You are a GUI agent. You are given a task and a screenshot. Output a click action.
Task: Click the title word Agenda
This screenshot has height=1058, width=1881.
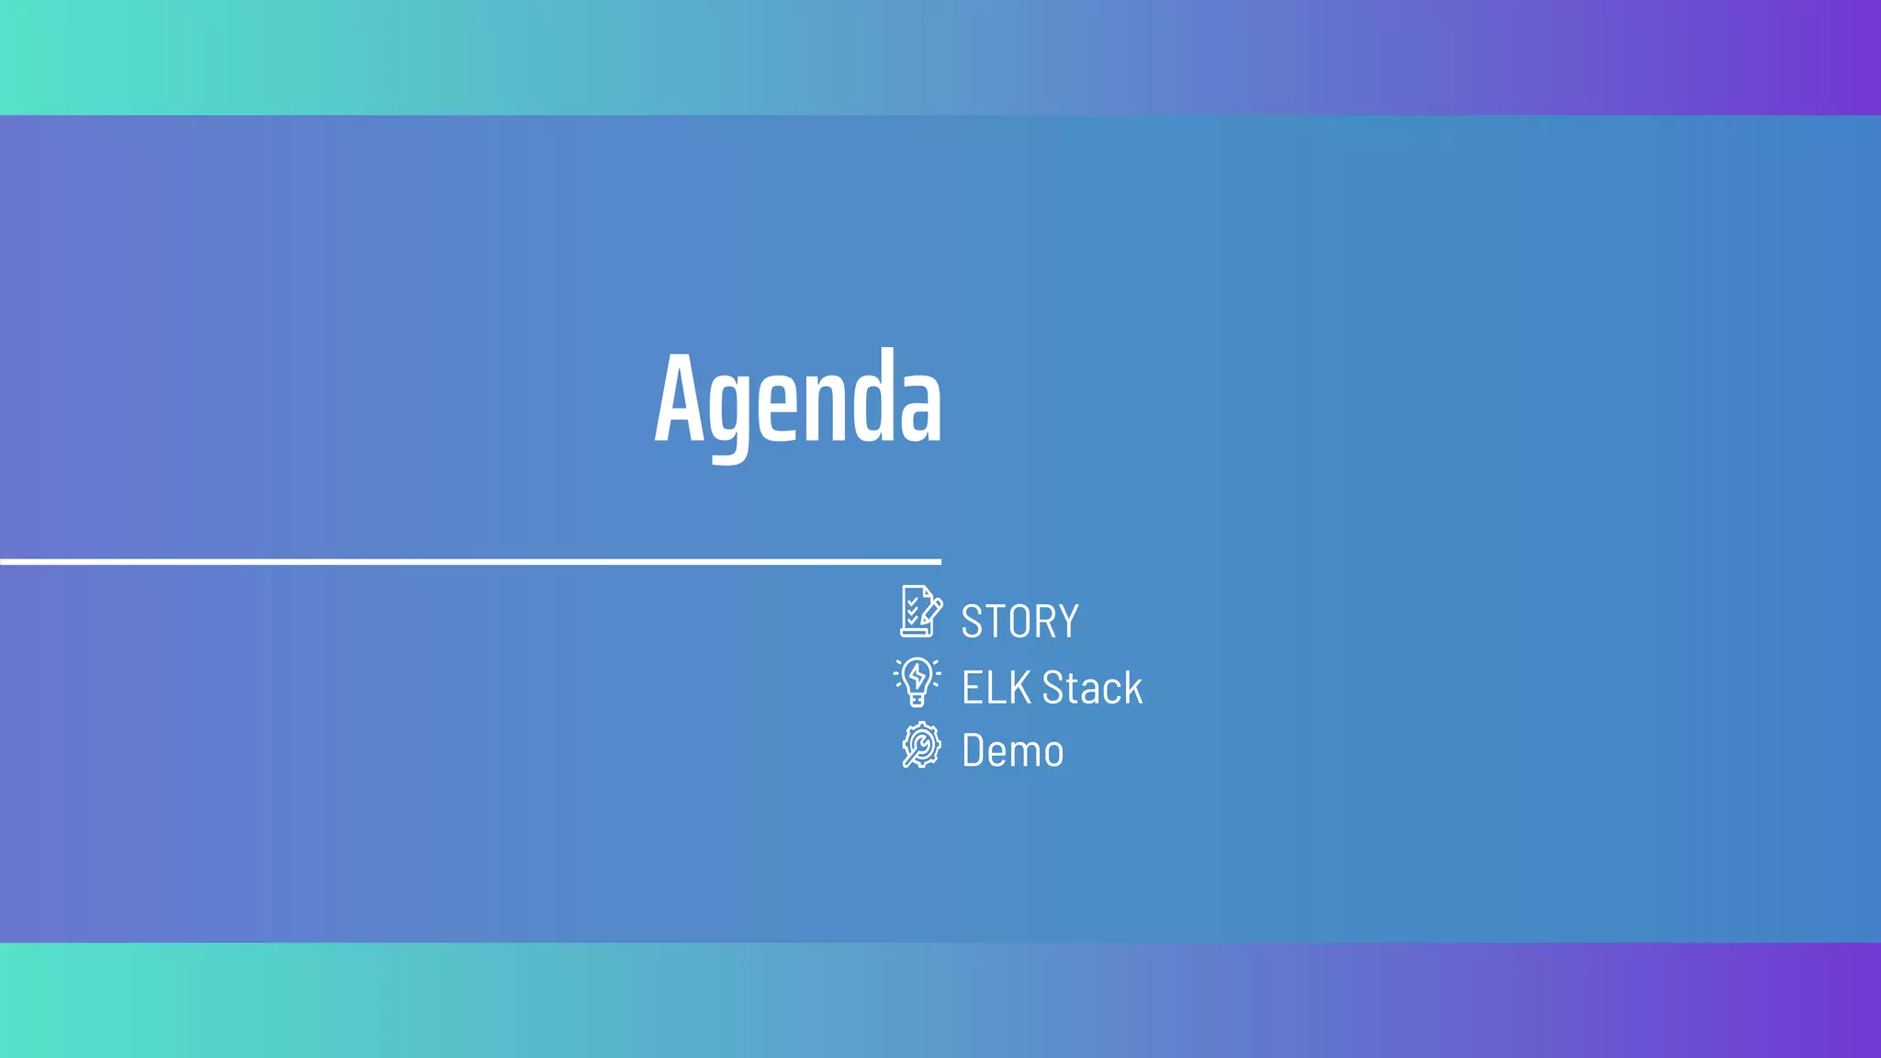pos(797,400)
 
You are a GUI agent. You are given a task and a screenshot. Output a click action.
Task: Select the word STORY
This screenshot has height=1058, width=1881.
pos(1019,622)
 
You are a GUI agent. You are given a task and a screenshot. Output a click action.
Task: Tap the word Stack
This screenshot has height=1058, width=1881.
pos(1092,688)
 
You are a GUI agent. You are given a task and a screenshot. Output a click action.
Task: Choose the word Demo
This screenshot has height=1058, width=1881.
pos(1012,751)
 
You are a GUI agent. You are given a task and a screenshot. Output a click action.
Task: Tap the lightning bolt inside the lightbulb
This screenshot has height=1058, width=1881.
pos(917,676)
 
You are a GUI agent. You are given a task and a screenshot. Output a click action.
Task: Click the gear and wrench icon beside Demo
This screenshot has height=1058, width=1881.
pos(920,745)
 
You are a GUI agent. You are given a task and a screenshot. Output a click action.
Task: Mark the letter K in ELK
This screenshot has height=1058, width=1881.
pos(1020,688)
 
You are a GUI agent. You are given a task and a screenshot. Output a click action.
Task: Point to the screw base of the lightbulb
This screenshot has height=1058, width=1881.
pos(917,700)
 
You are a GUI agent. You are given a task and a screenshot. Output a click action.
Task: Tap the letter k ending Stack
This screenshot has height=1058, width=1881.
pos(1133,688)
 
